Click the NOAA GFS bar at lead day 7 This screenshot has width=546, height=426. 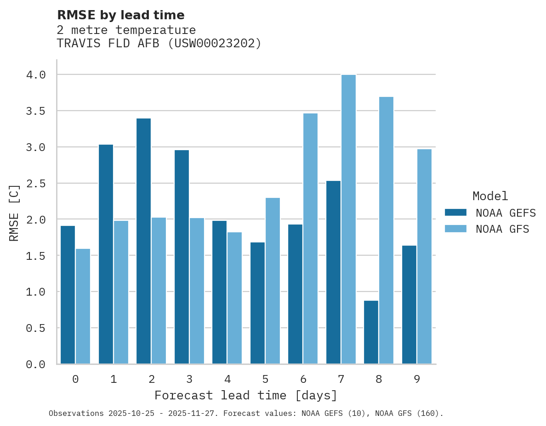coord(349,219)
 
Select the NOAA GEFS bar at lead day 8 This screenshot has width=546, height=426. coord(371,332)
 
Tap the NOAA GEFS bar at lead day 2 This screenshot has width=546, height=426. coord(143,241)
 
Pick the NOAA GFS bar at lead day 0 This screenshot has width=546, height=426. coord(83,306)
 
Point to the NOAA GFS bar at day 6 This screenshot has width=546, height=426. coord(311,239)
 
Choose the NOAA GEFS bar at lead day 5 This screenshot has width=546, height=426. coord(257,303)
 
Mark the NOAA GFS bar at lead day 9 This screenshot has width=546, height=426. coord(425,257)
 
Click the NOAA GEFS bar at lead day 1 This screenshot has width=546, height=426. coord(106,254)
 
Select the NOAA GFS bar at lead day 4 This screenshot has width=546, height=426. coord(234,298)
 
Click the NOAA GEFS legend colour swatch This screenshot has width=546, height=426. coord(455,213)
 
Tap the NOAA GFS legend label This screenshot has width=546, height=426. coord(502,229)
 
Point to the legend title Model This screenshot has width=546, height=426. coord(490,196)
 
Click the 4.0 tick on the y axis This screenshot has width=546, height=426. coord(35,75)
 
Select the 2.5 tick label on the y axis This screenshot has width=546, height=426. coord(35,183)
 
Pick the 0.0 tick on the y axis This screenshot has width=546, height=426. coord(35,364)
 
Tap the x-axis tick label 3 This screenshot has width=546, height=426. coord(189,379)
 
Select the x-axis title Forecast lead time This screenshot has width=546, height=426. coord(246,395)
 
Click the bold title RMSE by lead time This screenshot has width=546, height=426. coord(120,15)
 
